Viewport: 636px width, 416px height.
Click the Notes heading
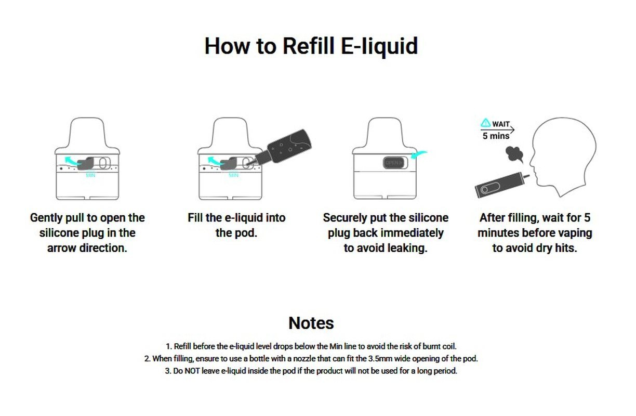[311, 323]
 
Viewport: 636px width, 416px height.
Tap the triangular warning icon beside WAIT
[486, 124]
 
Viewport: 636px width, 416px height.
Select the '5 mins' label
[496, 136]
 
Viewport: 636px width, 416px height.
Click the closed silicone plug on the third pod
[393, 163]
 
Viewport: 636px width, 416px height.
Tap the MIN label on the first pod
[91, 175]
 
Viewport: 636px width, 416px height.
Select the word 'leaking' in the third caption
[407, 248]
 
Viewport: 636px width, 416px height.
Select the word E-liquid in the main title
[379, 46]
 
